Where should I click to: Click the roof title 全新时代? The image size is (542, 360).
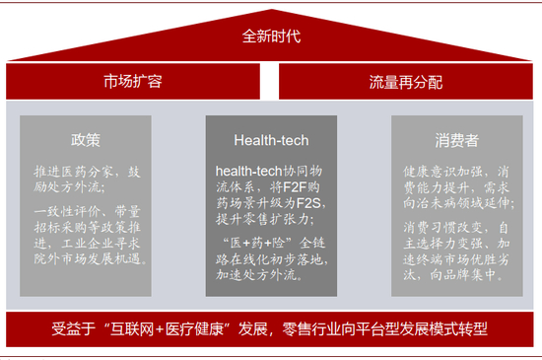point(271,36)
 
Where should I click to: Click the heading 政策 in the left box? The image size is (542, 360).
point(86,139)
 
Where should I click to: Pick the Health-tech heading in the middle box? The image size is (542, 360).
point(271,139)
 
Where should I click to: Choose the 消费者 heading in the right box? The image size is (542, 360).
point(456,139)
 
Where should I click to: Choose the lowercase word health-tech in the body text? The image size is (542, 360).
point(248,172)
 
